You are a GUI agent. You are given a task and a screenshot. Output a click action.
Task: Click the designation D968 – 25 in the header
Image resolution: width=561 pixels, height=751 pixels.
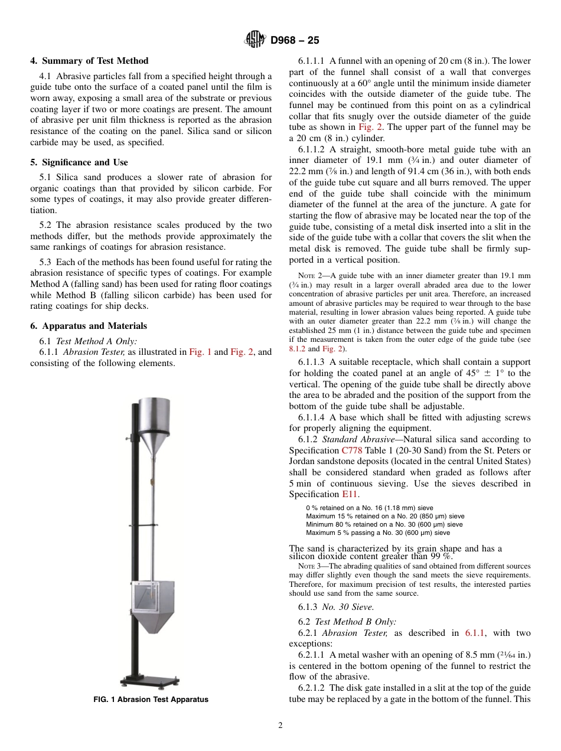[295, 40]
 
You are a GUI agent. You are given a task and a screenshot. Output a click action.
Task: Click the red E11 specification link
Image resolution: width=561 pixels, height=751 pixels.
[350, 494]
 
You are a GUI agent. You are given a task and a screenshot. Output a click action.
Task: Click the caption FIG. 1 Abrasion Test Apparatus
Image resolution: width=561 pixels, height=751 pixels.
[151, 700]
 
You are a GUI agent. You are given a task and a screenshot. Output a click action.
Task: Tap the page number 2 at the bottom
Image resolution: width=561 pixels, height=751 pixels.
[280, 726]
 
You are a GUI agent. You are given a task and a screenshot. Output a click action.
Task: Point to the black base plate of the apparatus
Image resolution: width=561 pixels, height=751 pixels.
[150, 680]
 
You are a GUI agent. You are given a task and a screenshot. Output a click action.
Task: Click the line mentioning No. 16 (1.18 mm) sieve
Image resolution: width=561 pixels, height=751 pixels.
[369, 508]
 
